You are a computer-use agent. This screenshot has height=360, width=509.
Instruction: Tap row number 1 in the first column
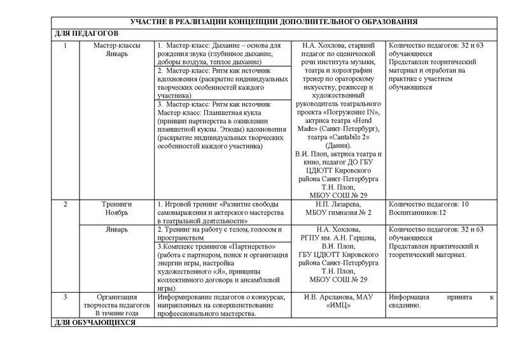[66, 46]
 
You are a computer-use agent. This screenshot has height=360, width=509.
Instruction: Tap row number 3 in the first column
[66, 297]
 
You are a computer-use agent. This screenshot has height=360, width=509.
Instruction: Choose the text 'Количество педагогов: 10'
[428, 204]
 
